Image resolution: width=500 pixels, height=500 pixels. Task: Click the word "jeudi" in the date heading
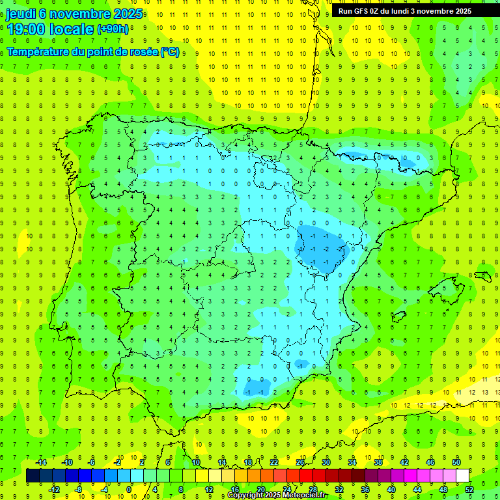(x=20, y=14)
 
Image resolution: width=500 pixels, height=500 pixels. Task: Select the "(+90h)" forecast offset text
(x=114, y=29)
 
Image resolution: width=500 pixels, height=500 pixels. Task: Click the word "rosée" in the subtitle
(x=143, y=51)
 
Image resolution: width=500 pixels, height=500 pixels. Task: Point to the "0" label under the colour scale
(x=129, y=490)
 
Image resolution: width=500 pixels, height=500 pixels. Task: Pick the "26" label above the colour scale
(x=300, y=462)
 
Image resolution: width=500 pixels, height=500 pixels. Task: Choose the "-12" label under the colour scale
(x=54, y=490)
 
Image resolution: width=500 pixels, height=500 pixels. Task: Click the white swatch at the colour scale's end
(x=462, y=476)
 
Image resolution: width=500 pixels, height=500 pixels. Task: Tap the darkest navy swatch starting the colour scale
(x=33, y=476)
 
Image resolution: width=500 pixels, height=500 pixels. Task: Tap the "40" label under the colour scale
(x=391, y=490)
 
